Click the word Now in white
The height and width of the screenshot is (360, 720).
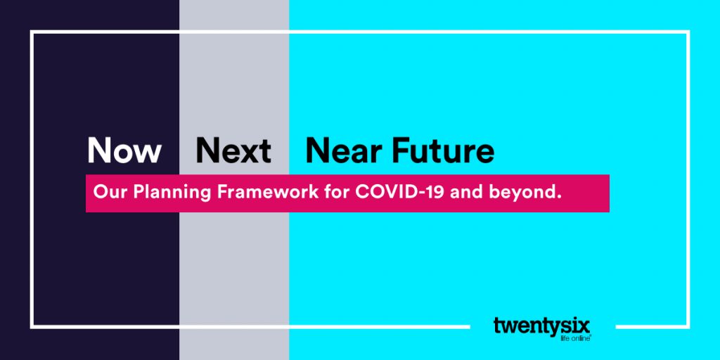point(124,150)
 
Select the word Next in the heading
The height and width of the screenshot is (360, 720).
point(233,150)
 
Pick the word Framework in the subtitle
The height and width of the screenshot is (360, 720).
point(268,191)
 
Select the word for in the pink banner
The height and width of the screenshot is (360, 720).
point(337,191)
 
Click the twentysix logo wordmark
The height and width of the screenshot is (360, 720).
point(542,326)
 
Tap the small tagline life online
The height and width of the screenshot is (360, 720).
point(575,339)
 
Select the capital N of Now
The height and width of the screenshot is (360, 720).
point(98,150)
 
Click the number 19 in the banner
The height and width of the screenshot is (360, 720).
point(436,191)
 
